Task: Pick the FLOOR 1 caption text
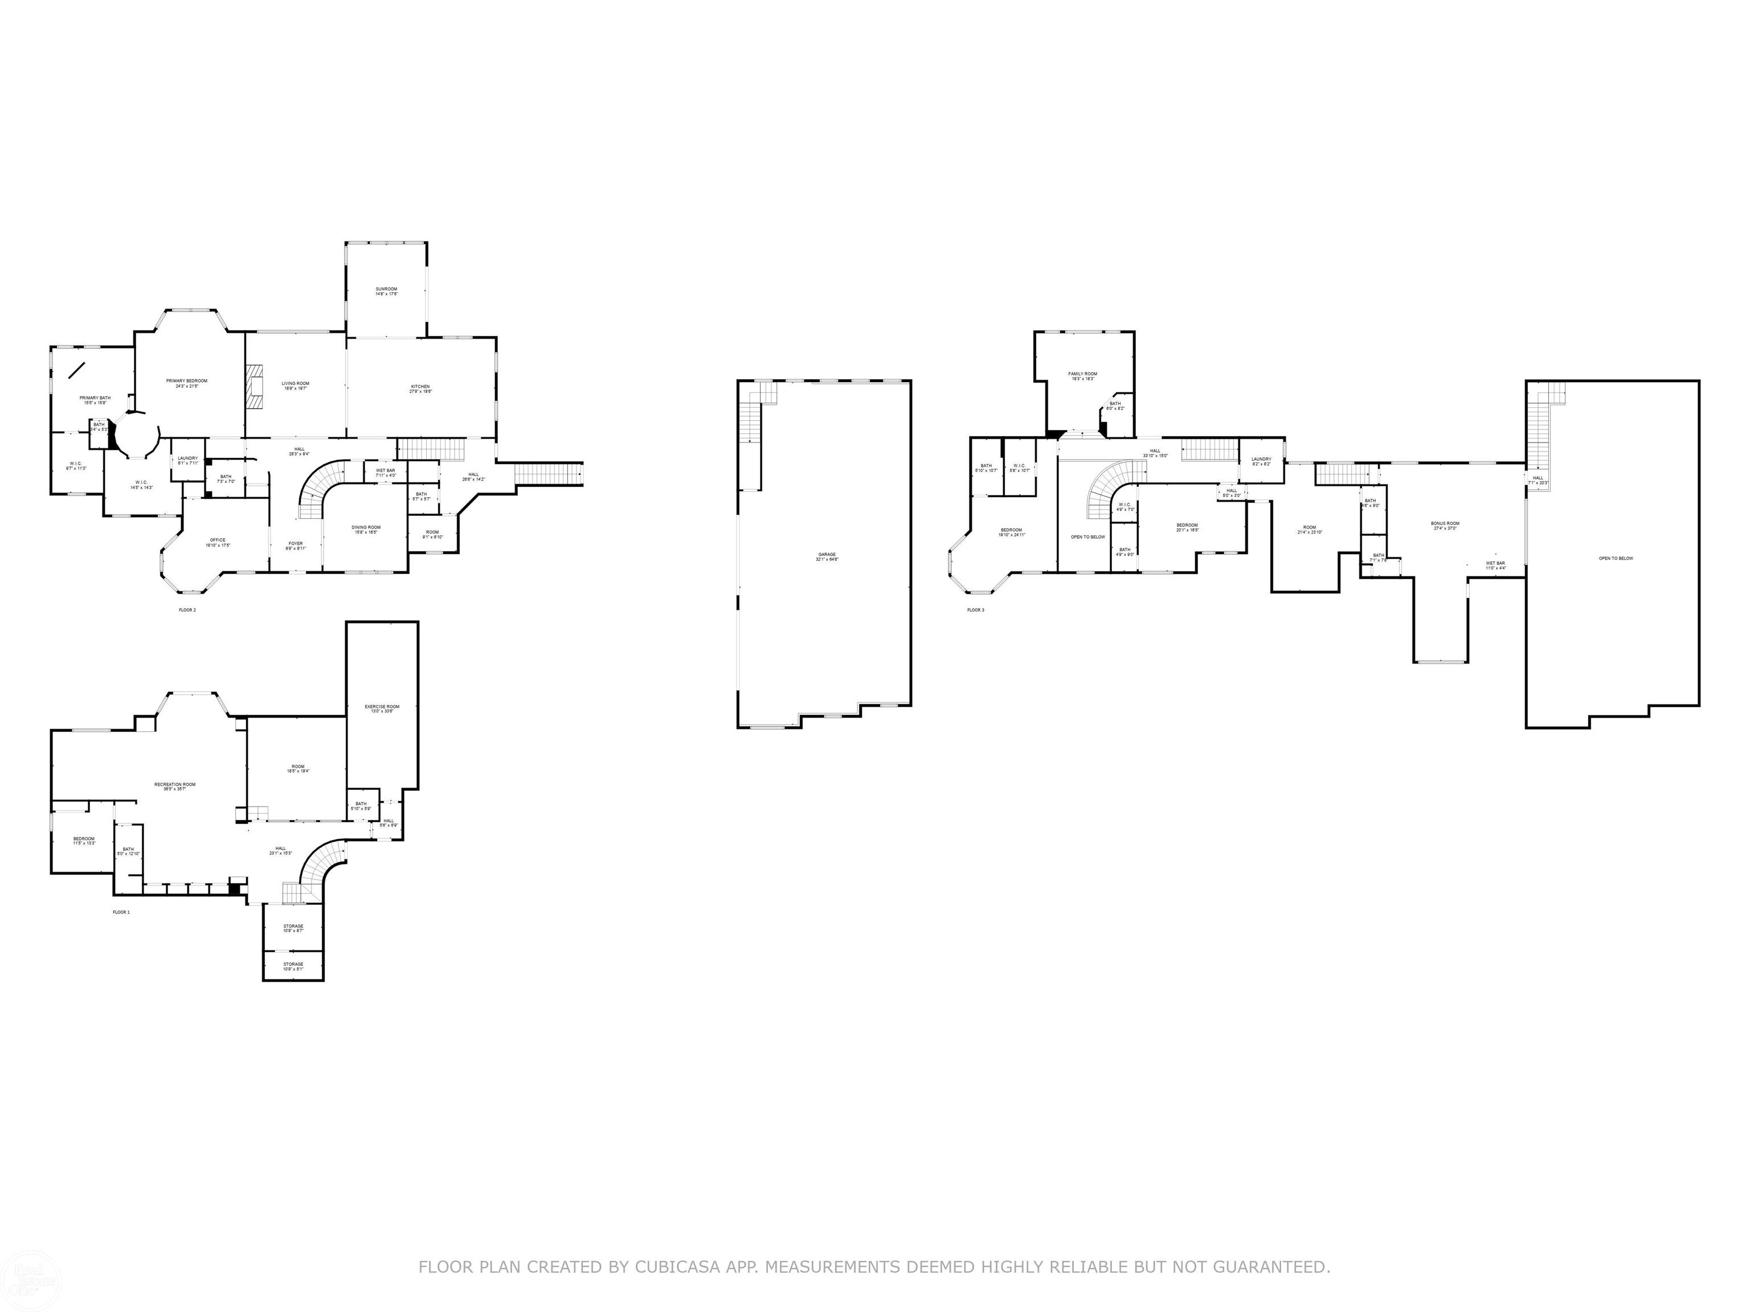tap(121, 912)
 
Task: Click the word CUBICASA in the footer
tap(677, 1267)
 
